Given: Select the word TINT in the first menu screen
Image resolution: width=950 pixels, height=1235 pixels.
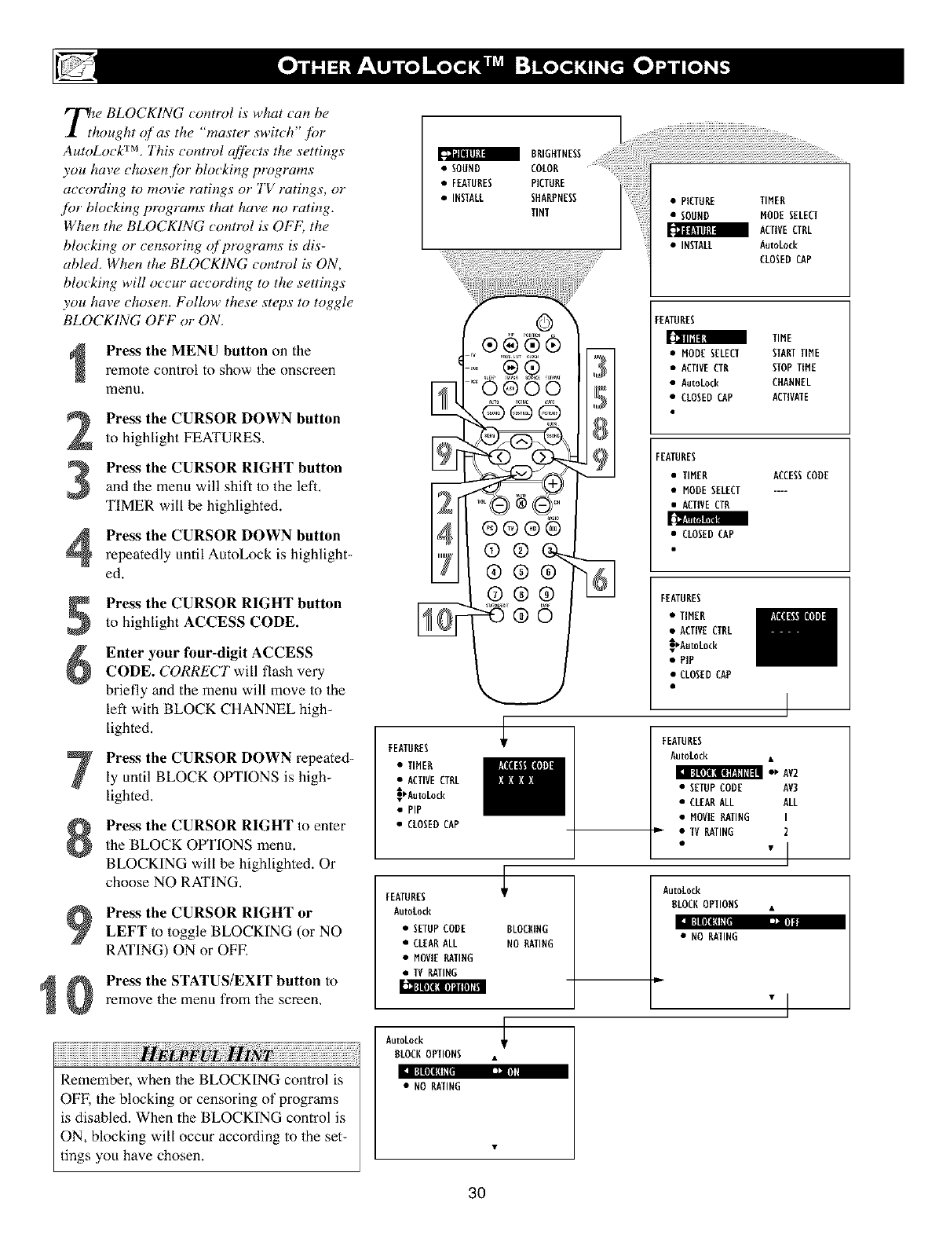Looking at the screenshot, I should click(540, 213).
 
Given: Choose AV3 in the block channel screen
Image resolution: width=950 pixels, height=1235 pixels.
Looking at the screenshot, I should click(791, 787).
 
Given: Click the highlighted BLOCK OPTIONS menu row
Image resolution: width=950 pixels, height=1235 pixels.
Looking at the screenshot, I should click(443, 988).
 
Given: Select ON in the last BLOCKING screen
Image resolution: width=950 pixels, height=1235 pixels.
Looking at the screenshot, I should click(513, 1072).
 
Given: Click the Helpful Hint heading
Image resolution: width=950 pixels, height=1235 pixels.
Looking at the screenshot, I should click(206, 1053).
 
